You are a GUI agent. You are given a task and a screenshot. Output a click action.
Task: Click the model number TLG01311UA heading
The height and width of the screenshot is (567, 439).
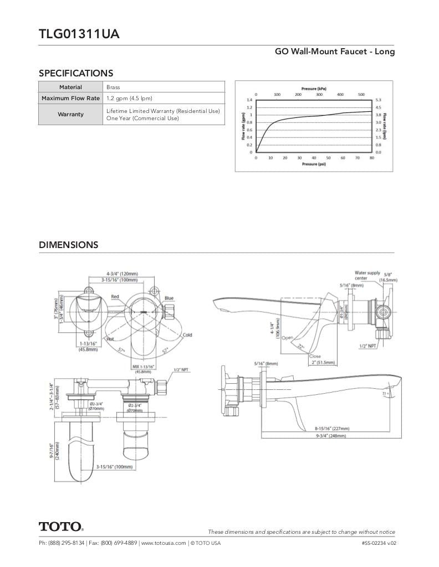(x=79, y=34)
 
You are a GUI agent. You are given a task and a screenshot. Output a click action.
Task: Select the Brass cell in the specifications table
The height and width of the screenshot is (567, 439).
(x=113, y=87)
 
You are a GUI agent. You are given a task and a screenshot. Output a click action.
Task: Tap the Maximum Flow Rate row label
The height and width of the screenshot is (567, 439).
(x=70, y=99)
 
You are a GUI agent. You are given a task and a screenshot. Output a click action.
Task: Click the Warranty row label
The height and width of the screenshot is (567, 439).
(x=70, y=115)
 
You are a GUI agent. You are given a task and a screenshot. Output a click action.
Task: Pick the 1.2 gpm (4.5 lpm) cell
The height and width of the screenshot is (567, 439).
(x=129, y=99)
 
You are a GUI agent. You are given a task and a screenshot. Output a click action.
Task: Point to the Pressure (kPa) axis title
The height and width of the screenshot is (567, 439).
(x=313, y=89)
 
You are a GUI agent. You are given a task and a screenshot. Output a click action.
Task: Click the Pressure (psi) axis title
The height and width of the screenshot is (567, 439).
(x=314, y=164)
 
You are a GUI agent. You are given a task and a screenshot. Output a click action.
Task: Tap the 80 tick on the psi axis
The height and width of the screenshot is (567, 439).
(x=372, y=158)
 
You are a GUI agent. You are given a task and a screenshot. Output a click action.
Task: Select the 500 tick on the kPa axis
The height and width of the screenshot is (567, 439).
(x=361, y=95)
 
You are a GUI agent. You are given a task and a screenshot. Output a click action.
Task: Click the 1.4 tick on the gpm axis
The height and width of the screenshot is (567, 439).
(x=249, y=100)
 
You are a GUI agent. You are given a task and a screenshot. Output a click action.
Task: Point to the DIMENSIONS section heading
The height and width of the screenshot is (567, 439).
(x=69, y=245)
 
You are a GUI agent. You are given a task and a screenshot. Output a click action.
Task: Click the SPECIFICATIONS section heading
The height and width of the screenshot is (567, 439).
(x=76, y=73)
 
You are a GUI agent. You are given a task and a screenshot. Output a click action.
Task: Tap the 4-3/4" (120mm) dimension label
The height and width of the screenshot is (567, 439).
(x=122, y=274)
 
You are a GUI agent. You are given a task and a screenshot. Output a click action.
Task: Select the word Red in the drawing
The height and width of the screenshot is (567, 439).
(x=115, y=297)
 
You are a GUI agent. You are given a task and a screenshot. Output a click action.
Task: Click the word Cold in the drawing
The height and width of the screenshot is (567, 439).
(x=187, y=335)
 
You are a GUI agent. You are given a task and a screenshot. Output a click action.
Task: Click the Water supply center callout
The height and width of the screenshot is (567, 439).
(x=367, y=275)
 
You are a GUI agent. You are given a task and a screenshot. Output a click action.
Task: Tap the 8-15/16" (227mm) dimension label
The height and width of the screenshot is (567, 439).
(x=333, y=428)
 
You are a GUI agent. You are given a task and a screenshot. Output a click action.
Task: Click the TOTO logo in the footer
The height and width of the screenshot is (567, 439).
(x=61, y=526)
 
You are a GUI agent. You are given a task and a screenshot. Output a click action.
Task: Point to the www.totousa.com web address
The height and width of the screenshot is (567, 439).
(x=164, y=543)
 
